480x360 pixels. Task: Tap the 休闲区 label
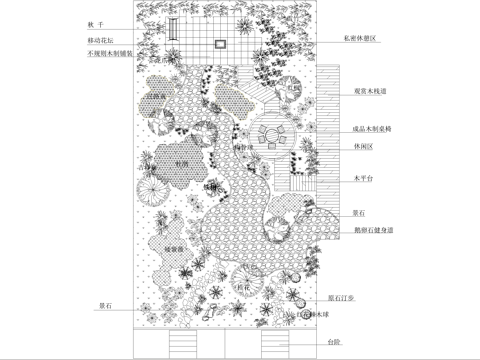(x=362, y=146)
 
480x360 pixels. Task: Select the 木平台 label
(x=362, y=179)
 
